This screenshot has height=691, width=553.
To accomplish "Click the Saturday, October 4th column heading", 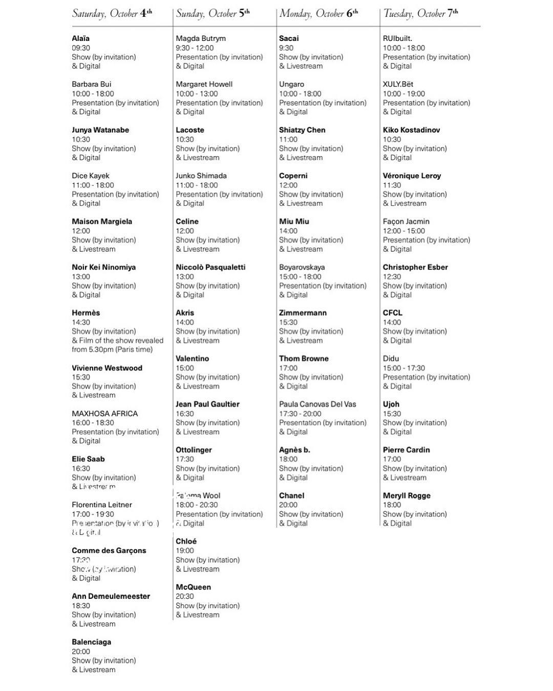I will (112, 13).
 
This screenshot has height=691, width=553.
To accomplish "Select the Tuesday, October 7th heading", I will (421, 13).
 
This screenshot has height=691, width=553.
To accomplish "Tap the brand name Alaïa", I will (81, 38).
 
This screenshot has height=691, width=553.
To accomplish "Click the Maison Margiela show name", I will (102, 222).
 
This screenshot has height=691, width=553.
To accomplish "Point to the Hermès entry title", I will (86, 313).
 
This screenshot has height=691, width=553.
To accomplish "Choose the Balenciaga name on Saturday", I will (91, 642).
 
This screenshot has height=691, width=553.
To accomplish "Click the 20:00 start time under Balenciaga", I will (81, 652).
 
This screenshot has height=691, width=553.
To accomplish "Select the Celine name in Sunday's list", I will (187, 222).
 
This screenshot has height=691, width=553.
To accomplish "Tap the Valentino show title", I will (192, 359).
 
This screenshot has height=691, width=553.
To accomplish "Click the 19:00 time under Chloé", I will (185, 551).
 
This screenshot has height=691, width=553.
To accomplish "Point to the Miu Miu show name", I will (294, 222).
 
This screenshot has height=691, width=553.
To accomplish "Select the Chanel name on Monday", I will (291, 495).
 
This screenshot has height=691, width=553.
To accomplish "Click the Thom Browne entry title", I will (304, 359).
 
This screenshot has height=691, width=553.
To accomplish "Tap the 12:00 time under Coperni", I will (288, 185).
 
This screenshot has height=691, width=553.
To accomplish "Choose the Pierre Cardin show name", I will (406, 450).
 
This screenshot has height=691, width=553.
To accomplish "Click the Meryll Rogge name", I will (407, 495).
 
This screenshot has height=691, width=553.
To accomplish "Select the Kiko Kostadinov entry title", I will (411, 130).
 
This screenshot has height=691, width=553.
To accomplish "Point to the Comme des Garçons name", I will (109, 551).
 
